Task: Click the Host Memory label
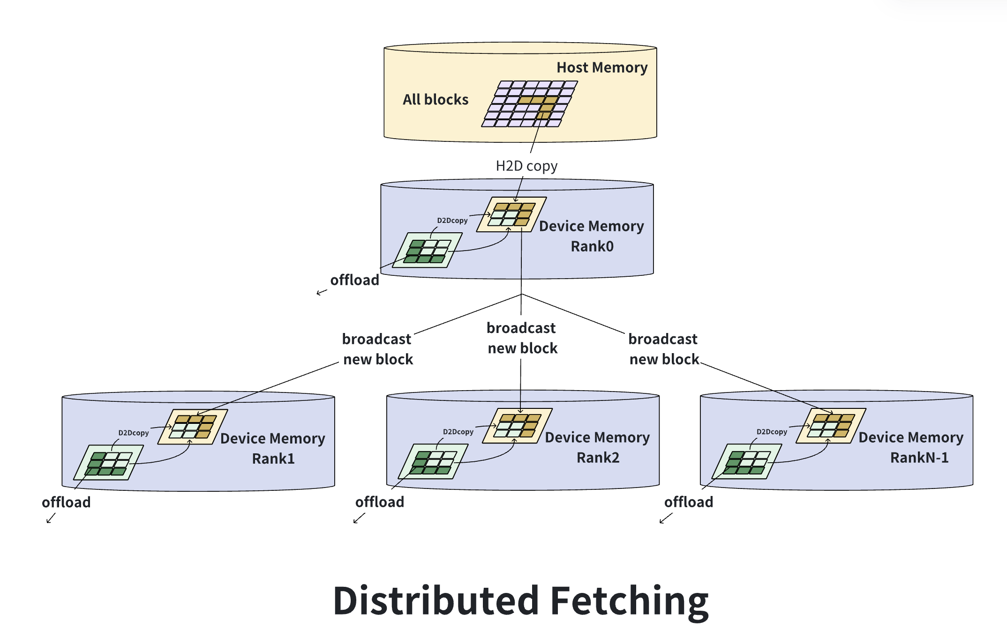(x=601, y=67)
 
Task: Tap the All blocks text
(x=436, y=99)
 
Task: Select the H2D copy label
(x=526, y=166)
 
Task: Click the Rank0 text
(x=592, y=246)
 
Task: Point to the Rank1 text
(x=273, y=459)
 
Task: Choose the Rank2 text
(x=598, y=458)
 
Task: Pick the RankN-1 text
(x=919, y=458)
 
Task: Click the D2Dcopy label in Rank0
(x=452, y=221)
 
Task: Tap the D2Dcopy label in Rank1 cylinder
(x=133, y=433)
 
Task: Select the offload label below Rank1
(x=66, y=503)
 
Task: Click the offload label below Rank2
(x=379, y=502)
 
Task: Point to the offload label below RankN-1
(x=688, y=502)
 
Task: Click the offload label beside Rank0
(x=354, y=280)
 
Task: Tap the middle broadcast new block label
(x=522, y=338)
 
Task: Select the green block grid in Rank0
(x=427, y=251)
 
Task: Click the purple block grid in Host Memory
(x=530, y=104)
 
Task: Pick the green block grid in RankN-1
(x=746, y=462)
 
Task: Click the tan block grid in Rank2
(x=517, y=425)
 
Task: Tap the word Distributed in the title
(x=436, y=601)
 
